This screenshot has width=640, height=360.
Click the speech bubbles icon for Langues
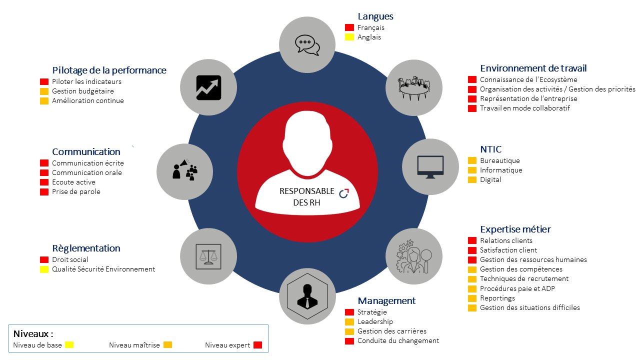[x=307, y=45]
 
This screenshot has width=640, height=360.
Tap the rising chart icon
[x=208, y=87]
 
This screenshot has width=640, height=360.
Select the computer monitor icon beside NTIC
[x=430, y=167]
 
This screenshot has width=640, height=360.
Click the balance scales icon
[x=208, y=256]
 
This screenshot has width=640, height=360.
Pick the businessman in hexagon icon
[x=307, y=296]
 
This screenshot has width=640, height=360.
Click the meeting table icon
[x=414, y=88]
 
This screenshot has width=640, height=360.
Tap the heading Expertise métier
[x=515, y=229]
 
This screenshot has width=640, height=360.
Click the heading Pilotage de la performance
[x=109, y=70]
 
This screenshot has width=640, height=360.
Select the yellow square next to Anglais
[x=349, y=37]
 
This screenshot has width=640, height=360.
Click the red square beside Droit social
[x=44, y=259]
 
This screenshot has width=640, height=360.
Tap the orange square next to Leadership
[x=349, y=322]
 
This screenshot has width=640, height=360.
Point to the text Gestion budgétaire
[x=83, y=91]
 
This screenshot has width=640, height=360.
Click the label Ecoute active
[x=73, y=182]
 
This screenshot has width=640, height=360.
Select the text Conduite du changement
[x=398, y=341]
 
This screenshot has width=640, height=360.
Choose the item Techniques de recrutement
[x=524, y=279]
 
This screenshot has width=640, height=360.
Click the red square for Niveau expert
[x=257, y=345]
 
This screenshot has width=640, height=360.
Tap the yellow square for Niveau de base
[x=69, y=345]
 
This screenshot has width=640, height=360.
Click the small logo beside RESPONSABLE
[x=344, y=193]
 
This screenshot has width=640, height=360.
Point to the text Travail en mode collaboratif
[x=525, y=108]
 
